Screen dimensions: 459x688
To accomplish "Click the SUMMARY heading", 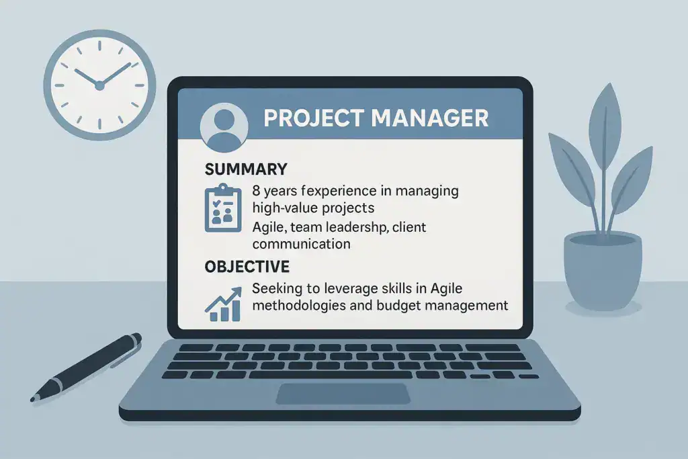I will click(246, 169).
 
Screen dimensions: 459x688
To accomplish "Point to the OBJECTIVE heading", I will click(247, 267).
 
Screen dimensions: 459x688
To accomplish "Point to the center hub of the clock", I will click(99, 85).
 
